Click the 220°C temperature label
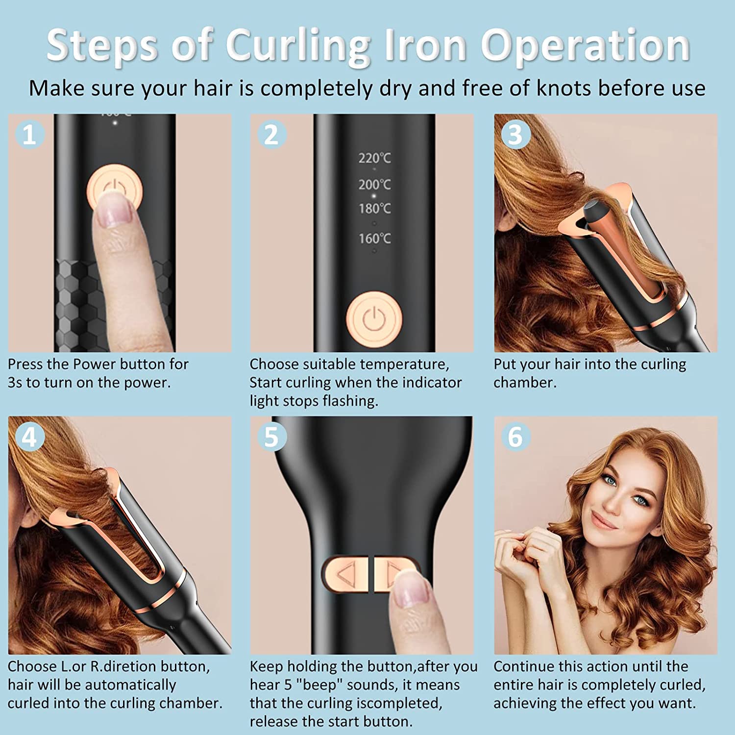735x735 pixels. click(374, 158)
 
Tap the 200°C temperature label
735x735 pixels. click(374, 185)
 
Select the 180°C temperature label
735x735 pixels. click(374, 209)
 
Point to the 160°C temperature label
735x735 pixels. click(374, 239)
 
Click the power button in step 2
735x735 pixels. click(374, 319)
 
